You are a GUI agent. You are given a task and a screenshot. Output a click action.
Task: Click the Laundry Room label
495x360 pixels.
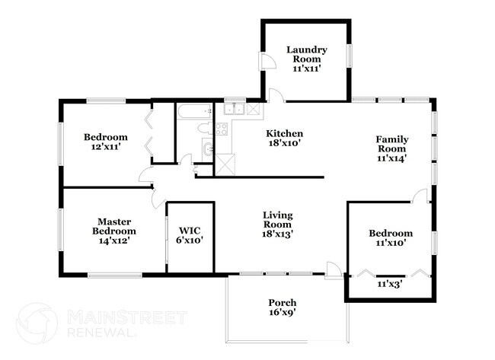[307, 54]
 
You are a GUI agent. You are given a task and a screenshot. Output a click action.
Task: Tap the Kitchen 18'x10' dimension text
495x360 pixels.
[284, 143]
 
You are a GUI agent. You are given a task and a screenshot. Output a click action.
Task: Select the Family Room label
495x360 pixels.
[391, 144]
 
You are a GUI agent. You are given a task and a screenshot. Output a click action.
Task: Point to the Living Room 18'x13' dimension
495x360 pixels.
[278, 234]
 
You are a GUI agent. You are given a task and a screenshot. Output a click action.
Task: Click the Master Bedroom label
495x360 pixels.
[114, 226]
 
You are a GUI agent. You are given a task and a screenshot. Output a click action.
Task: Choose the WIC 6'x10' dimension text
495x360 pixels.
[190, 240]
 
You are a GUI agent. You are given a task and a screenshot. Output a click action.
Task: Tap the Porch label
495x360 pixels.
[283, 303]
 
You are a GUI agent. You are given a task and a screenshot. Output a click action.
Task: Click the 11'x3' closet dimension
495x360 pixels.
[389, 285]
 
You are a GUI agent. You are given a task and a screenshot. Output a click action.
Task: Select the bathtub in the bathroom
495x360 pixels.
[194, 111]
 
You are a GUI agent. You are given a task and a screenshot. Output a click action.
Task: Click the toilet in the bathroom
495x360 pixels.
[206, 129]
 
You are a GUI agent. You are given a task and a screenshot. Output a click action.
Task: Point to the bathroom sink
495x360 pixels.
[208, 148]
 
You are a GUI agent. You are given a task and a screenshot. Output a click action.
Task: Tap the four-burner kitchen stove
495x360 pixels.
[222, 129]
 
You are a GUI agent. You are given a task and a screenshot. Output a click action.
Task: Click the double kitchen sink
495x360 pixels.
[234, 109]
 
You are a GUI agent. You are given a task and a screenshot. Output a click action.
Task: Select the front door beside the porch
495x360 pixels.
[334, 270]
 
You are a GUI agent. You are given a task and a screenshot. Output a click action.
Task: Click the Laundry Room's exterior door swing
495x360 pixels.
[267, 61]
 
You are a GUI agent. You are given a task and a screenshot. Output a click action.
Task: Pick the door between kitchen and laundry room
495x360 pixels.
[276, 95]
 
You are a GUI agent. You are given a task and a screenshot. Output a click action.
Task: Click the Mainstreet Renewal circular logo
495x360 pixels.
[37, 323]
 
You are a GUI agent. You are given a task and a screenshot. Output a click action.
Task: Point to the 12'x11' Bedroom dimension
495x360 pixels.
[106, 147]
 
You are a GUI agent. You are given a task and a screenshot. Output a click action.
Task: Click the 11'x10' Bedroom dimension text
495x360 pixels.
[391, 243]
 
